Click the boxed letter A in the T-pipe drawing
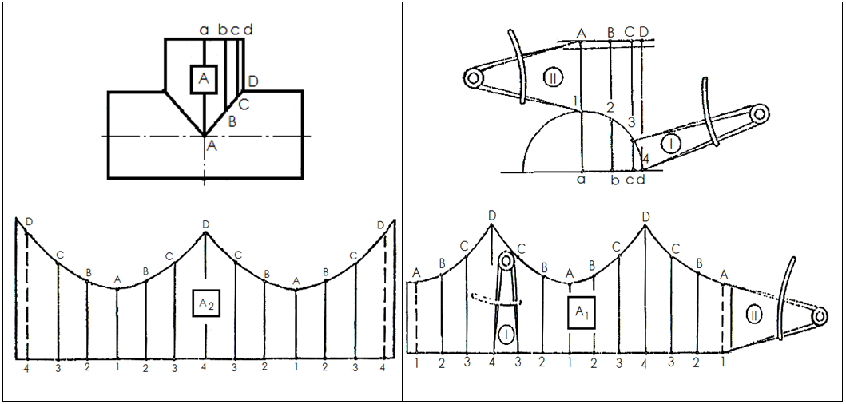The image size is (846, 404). tap(204, 80)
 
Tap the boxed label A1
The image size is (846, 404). tap(582, 312)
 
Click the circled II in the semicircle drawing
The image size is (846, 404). tap(553, 78)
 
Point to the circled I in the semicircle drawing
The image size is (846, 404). tap(671, 143)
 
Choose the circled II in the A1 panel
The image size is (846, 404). tap(753, 315)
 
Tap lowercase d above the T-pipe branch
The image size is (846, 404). tap(248, 29)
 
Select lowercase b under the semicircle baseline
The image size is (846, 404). tap(614, 180)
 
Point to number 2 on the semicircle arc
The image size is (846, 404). tap(610, 107)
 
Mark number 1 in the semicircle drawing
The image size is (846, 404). tap(576, 101)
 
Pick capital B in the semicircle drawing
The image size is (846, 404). tap(611, 33)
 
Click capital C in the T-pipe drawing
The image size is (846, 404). tap(244, 104)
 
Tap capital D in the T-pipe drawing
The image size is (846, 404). tap(253, 82)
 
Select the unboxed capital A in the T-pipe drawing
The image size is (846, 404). tap(212, 145)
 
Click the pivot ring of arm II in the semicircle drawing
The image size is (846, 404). tap(473, 78)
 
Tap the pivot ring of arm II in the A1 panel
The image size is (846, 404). tap(820, 316)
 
